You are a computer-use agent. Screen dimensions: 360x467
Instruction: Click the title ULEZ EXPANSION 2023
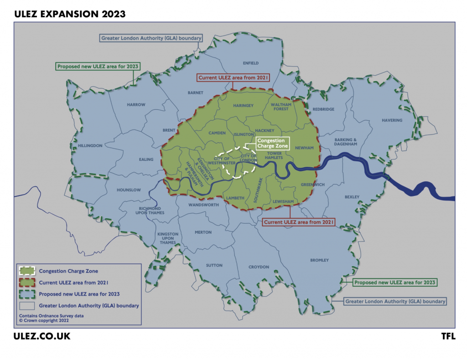click(70, 14)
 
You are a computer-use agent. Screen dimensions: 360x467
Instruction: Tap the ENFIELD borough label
click(250, 63)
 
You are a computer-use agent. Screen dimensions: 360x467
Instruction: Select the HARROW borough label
click(136, 105)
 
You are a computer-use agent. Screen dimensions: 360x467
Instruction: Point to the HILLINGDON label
click(90, 146)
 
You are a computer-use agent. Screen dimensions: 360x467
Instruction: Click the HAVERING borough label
click(392, 120)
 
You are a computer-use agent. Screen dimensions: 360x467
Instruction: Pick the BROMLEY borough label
click(319, 260)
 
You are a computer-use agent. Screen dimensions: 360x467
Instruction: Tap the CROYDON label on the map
click(259, 267)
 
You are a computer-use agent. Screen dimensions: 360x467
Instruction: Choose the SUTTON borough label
click(214, 265)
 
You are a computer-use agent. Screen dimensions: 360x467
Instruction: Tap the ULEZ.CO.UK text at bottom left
click(42, 337)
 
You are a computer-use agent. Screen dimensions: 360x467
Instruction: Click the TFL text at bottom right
click(448, 337)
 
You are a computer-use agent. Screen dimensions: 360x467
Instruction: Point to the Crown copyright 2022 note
click(44, 320)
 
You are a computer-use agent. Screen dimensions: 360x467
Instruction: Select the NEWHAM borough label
click(304, 148)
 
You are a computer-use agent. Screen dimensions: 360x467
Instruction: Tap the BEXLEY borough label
click(352, 197)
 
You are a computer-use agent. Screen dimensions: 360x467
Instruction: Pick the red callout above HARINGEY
click(233, 78)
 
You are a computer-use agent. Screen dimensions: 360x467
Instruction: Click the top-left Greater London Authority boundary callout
click(151, 38)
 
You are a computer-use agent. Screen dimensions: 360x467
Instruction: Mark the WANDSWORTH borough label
click(204, 205)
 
